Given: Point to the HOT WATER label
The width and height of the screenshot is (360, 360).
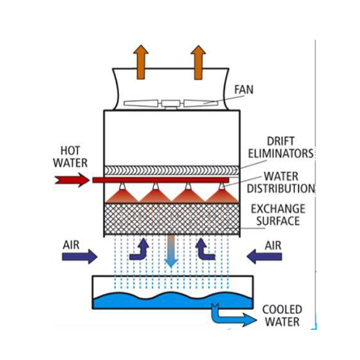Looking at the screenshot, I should (x=70, y=157).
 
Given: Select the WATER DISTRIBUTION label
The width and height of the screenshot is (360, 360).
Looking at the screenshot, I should (x=280, y=182).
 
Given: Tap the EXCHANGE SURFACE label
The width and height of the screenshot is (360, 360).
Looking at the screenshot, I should (x=278, y=215).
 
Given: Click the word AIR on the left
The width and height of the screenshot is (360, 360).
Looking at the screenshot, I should (x=71, y=244).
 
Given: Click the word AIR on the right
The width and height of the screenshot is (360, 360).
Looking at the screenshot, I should (x=273, y=244).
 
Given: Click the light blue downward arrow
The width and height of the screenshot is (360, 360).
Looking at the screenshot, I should (x=171, y=252).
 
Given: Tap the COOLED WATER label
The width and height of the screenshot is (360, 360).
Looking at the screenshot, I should (x=281, y=316).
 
